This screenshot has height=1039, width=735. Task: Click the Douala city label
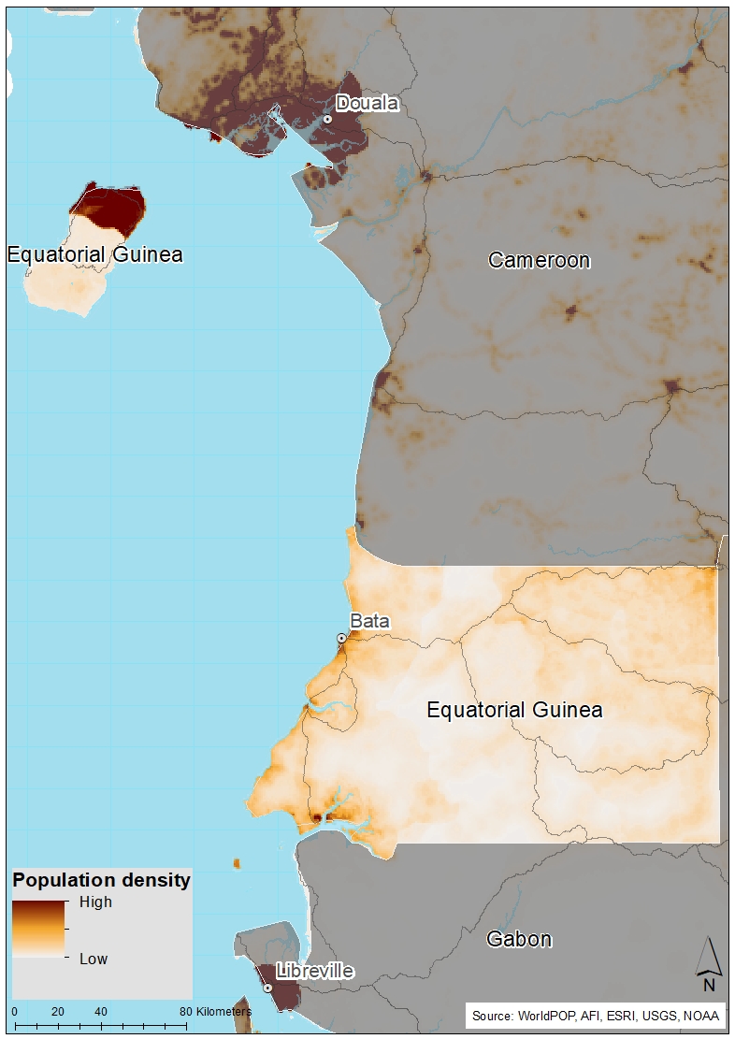click(367, 103)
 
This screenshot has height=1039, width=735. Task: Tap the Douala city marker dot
click(328, 119)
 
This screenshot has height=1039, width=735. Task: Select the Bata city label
click(369, 621)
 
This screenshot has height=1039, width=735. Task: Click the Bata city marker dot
click(341, 638)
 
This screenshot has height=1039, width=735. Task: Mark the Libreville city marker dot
click(267, 988)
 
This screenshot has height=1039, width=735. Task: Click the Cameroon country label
click(540, 260)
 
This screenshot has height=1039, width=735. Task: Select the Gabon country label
click(519, 939)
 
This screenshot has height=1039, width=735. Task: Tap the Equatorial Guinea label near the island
click(94, 254)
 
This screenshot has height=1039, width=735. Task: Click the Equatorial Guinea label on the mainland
click(514, 710)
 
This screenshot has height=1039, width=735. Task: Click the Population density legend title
click(101, 880)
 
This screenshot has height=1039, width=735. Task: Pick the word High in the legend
click(95, 902)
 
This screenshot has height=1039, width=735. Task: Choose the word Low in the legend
click(93, 959)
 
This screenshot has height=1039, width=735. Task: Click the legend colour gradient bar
click(38, 928)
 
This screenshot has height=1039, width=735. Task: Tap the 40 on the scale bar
click(100, 1012)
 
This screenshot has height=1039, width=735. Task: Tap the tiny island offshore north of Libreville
click(238, 862)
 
